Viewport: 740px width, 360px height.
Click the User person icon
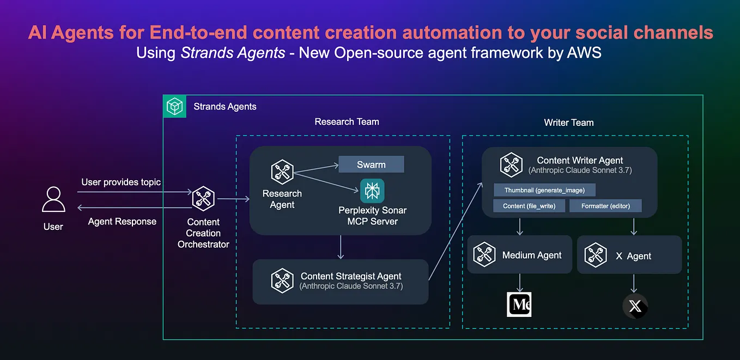pyautogui.click(x=53, y=199)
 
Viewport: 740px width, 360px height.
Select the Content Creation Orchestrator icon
pyautogui.click(x=203, y=199)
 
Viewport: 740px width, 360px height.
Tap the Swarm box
pyautogui.click(x=371, y=164)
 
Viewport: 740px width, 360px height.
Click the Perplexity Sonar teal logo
pyautogui.click(x=372, y=191)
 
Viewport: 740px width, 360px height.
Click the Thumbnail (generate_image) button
pyautogui.click(x=544, y=190)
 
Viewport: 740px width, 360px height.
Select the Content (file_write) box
pyautogui.click(x=529, y=206)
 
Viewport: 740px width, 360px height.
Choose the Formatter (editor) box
pyautogui.click(x=605, y=206)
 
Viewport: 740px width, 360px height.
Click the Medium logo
pyautogui.click(x=519, y=305)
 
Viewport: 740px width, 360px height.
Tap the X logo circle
pyautogui.click(x=635, y=306)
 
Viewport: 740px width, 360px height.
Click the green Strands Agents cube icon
pyautogui.click(x=175, y=106)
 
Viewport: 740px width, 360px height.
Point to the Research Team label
pyautogui.click(x=347, y=121)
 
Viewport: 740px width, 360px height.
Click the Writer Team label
pyautogui.click(x=568, y=123)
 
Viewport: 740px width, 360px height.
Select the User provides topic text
pyautogui.click(x=121, y=182)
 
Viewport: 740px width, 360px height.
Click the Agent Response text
pyautogui.click(x=122, y=222)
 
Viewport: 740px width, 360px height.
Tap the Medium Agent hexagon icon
pyautogui.click(x=484, y=255)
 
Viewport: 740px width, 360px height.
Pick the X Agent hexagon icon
pyautogui.click(x=596, y=255)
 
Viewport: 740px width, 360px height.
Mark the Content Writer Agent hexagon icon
pyautogui.click(x=511, y=165)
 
